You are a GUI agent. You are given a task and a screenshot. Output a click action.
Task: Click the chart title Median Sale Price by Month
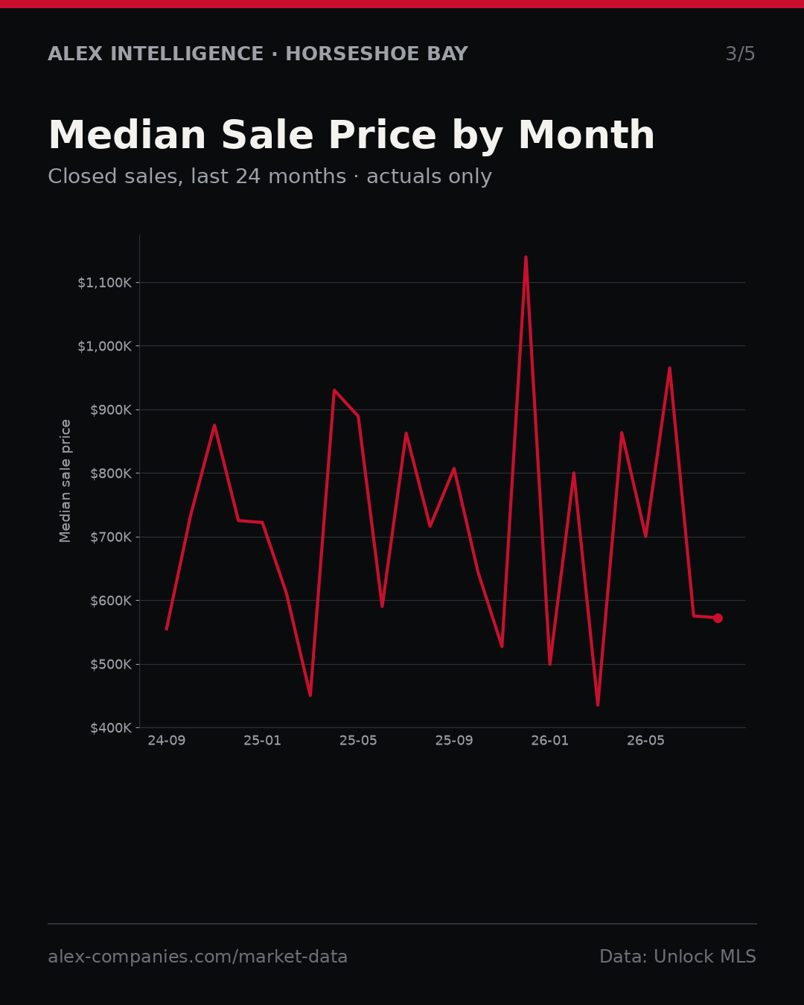(x=351, y=135)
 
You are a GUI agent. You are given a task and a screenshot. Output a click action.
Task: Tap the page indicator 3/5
(x=740, y=54)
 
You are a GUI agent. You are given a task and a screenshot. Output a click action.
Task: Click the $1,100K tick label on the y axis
(x=105, y=283)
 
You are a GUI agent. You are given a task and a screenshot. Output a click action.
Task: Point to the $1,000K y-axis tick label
(x=105, y=346)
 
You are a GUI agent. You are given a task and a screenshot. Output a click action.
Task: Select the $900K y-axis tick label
(x=111, y=410)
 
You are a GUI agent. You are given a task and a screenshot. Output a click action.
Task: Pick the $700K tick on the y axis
(x=111, y=537)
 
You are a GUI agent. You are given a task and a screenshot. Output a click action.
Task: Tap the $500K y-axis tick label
(x=111, y=664)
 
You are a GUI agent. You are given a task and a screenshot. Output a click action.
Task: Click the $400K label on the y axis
(x=111, y=727)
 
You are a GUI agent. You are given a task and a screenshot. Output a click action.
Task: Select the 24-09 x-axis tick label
(x=167, y=740)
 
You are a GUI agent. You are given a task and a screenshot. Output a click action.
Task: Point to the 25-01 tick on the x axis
(x=263, y=740)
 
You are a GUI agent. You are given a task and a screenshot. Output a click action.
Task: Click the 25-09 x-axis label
(x=454, y=740)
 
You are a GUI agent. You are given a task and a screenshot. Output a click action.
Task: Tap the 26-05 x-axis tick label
(x=645, y=740)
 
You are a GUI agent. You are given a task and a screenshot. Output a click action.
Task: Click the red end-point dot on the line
(x=718, y=619)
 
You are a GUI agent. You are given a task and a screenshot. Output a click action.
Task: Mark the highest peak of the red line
(x=526, y=257)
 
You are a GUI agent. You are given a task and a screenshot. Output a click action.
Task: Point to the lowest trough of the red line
(x=598, y=705)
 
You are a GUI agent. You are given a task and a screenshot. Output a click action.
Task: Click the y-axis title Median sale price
(x=65, y=481)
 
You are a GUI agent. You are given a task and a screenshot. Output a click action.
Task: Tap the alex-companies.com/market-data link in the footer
(x=197, y=957)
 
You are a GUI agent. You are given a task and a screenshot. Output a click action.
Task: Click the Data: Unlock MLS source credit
(x=678, y=957)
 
